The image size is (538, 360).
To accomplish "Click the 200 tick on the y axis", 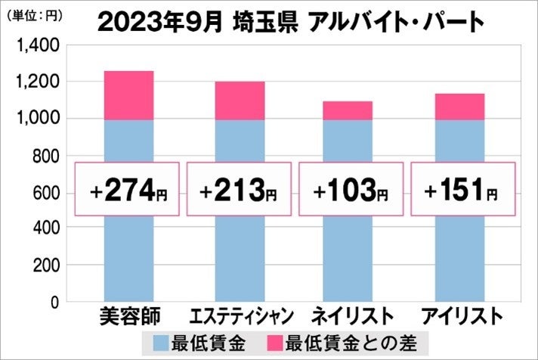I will pyautogui.click(x=46, y=266).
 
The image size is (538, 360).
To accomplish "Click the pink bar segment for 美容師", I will pyautogui.click(x=128, y=95).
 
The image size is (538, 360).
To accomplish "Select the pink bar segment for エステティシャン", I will pyautogui.click(x=240, y=101).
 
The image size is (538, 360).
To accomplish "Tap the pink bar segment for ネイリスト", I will pyautogui.click(x=348, y=110).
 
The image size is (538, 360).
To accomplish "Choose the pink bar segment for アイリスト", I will pyautogui.click(x=460, y=107).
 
